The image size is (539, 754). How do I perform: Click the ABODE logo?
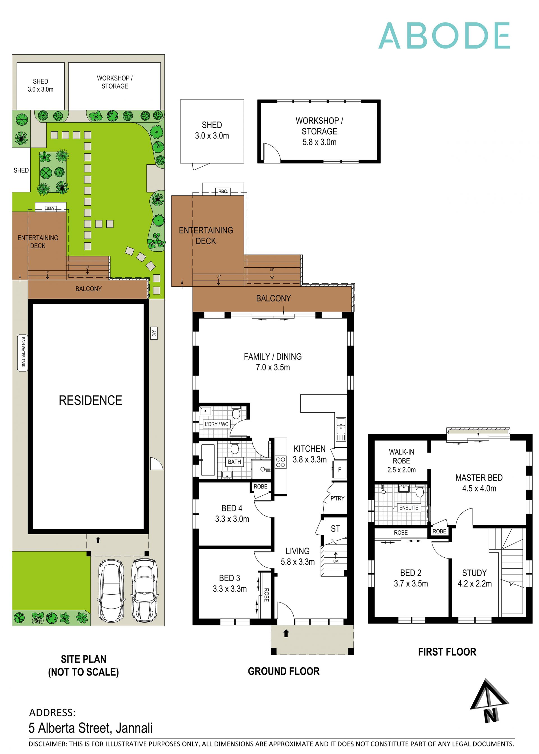444,36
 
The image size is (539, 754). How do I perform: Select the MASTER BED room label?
479,478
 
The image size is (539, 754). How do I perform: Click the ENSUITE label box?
408,508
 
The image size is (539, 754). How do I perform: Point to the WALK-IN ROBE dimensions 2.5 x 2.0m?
401,470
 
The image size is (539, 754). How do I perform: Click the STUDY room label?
474,573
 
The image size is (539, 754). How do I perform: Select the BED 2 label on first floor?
410,573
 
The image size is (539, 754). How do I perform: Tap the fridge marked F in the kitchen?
339,470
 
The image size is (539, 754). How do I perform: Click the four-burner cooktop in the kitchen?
280,462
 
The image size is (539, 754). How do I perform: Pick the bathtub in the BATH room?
208,460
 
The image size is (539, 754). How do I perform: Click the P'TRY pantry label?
337,498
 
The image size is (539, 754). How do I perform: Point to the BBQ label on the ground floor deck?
223,191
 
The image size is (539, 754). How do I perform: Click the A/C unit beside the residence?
154,333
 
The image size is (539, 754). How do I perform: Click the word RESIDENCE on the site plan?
90,400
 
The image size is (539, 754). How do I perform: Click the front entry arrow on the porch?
286,634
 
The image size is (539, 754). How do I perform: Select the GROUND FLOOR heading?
284,671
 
